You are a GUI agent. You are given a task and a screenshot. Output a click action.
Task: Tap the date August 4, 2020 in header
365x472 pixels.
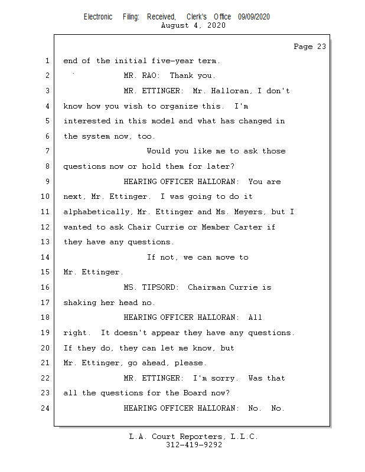click(193, 26)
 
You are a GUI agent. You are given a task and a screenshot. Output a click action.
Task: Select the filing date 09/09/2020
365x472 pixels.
click(254, 17)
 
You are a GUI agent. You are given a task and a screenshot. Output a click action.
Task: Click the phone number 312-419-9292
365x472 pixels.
click(194, 445)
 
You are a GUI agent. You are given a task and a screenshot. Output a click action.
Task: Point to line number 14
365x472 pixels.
click(47, 257)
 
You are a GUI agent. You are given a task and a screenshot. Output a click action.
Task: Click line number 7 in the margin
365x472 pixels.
click(47, 151)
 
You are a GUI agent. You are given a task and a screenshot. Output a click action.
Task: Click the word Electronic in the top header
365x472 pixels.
click(98, 17)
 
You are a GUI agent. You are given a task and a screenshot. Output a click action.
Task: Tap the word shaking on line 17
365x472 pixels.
click(80, 303)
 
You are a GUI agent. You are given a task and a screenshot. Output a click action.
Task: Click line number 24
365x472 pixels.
click(47, 408)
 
